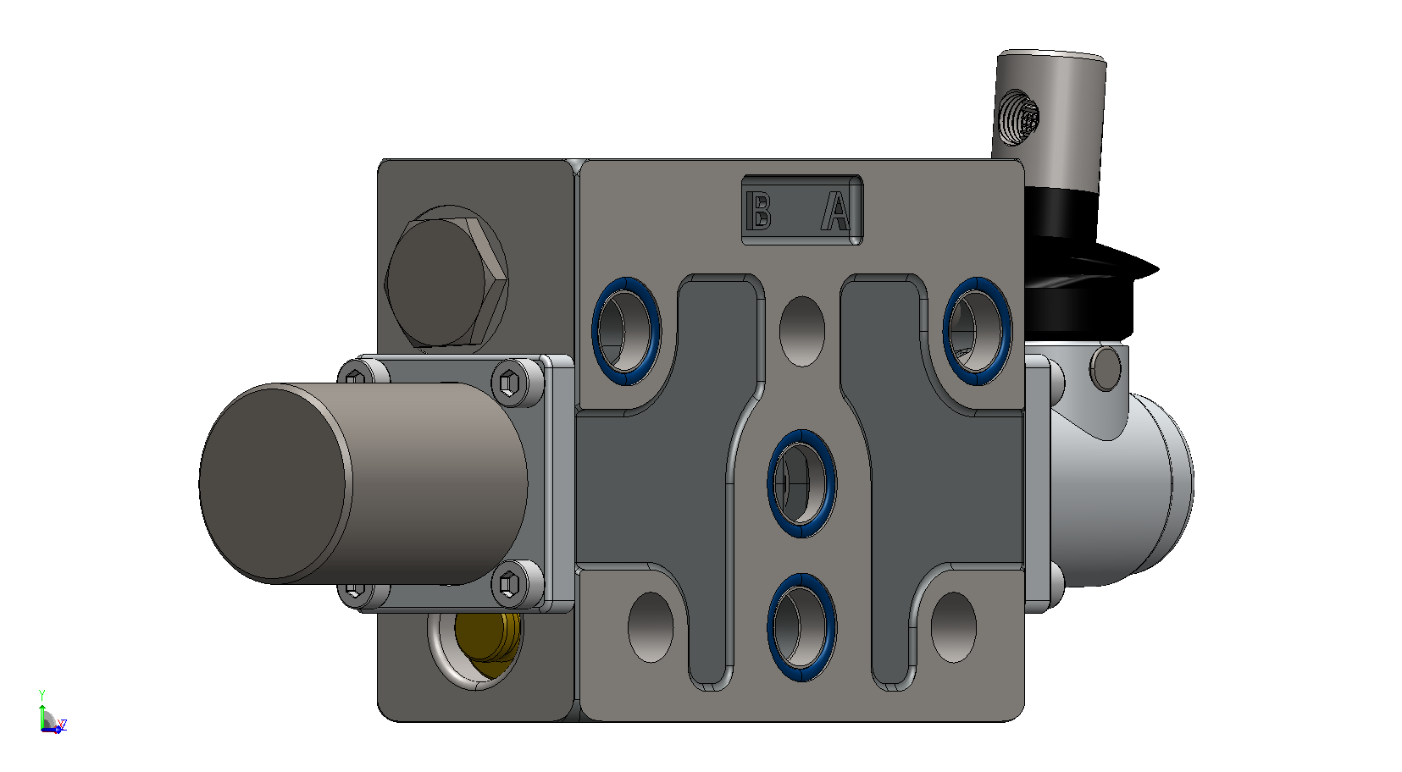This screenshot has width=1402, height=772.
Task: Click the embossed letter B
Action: pyautogui.click(x=759, y=211)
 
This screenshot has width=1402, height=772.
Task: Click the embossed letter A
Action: pyautogui.click(x=836, y=212)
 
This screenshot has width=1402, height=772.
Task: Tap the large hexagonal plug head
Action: pyautogui.click(x=445, y=282)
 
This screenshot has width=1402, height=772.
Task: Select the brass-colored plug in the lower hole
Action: pyautogui.click(x=487, y=644)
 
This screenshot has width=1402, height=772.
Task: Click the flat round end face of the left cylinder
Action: pyautogui.click(x=273, y=483)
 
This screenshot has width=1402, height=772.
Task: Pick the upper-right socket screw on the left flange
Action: pyautogui.click(x=509, y=381)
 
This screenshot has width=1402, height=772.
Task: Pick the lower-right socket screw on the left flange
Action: pyautogui.click(x=509, y=584)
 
